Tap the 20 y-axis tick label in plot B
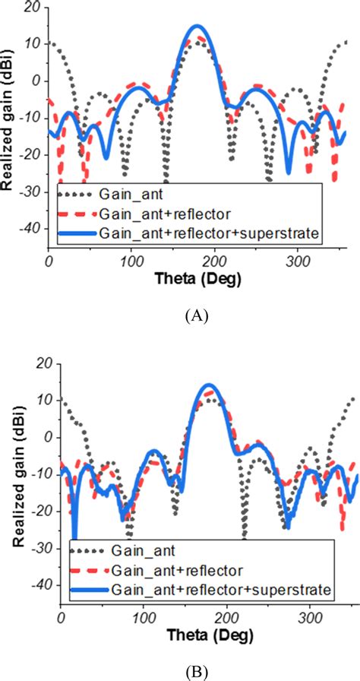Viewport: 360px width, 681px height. tap(43, 363)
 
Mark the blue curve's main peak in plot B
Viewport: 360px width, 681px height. tap(210, 385)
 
